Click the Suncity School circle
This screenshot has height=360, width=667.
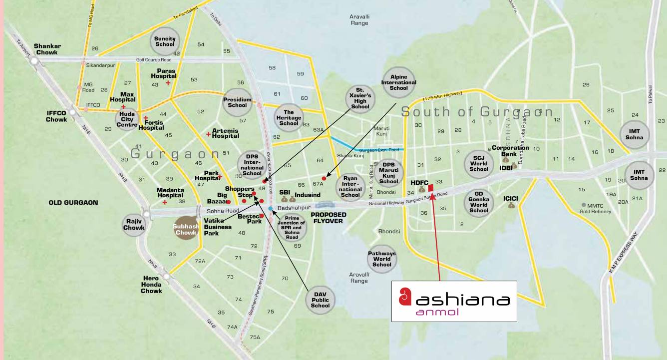tap(165, 41)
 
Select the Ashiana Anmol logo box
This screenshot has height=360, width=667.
tap(453, 301)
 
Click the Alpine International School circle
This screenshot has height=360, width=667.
tap(399, 81)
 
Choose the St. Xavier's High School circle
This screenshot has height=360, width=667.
tap(360, 98)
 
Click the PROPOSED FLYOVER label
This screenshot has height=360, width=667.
tap(330, 218)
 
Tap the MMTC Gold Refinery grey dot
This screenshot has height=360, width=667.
tap(584, 205)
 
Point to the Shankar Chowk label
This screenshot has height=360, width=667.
tap(47, 49)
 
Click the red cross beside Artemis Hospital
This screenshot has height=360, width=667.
tap(209, 134)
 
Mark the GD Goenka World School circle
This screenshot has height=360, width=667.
tap(479, 202)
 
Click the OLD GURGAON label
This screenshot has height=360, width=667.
tap(73, 203)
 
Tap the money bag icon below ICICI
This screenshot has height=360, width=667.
tap(511, 205)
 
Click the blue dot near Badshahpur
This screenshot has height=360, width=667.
tap(270, 208)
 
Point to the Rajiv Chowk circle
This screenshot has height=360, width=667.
tap(134, 224)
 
